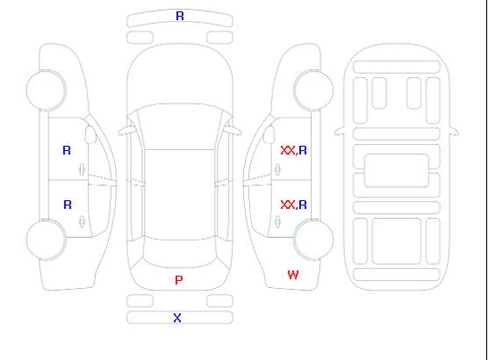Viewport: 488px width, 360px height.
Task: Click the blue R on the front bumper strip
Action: (180, 16)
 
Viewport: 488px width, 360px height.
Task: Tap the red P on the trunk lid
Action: (179, 280)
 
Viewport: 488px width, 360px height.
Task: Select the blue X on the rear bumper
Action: (177, 318)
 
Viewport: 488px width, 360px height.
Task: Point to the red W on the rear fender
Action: (293, 275)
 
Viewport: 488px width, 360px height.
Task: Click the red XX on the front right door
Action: (288, 150)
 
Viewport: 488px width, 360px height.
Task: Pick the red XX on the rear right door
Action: (288, 205)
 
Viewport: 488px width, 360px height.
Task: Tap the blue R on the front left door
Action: (67, 150)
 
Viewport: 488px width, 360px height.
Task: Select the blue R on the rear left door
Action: (68, 205)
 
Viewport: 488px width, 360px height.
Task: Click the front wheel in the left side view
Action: (46, 90)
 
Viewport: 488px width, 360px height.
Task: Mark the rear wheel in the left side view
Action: (46, 240)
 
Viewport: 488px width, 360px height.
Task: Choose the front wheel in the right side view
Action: (313, 90)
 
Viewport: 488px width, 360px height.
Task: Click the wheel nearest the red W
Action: (313, 240)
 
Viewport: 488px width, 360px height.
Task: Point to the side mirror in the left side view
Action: (90, 134)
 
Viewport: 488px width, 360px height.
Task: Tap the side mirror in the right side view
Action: (269, 134)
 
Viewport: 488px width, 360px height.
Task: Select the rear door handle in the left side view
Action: (83, 221)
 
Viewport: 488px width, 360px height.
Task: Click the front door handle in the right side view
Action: (277, 169)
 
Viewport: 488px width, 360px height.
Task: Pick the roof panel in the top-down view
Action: (180, 195)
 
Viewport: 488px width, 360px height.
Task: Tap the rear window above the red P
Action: (180, 253)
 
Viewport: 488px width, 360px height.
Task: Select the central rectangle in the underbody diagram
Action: (397, 170)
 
